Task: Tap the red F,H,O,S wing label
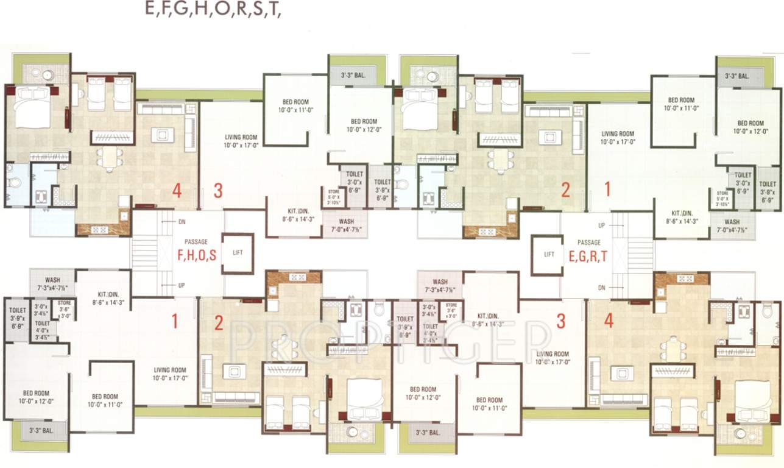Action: (197, 256)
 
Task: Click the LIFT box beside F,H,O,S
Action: (238, 252)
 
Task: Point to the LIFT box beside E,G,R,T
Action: (549, 254)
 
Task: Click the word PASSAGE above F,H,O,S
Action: (196, 242)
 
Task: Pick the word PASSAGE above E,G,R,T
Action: (588, 243)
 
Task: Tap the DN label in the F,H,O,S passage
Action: (181, 221)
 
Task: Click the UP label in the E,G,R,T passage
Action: (602, 225)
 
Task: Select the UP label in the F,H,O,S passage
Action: (181, 285)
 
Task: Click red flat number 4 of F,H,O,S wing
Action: (177, 191)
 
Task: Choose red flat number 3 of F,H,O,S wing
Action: (218, 191)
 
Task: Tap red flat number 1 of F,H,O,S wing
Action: (175, 321)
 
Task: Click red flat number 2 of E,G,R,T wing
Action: (565, 190)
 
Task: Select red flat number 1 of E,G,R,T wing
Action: (607, 190)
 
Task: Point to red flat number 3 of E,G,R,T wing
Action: (561, 321)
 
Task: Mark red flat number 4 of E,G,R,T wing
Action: (609, 321)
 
